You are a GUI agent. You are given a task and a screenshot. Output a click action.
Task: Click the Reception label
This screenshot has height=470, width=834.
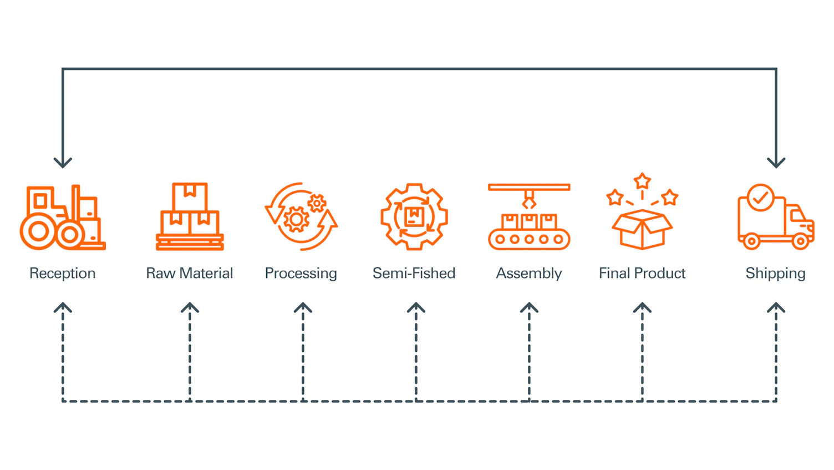pyautogui.click(x=63, y=273)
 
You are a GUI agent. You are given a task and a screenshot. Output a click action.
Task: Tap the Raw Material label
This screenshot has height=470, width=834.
pyautogui.click(x=189, y=273)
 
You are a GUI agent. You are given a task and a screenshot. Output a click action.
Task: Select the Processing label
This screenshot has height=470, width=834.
pyautogui.click(x=301, y=274)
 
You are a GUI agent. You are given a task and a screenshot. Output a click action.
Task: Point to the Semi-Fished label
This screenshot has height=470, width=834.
pyautogui.click(x=414, y=273)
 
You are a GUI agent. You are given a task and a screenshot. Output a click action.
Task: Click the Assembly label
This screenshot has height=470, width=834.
pyautogui.click(x=528, y=274)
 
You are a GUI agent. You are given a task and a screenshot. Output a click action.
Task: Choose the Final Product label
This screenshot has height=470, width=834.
pyautogui.click(x=642, y=273)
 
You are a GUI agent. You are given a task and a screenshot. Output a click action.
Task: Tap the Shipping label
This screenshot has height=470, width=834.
pyautogui.click(x=775, y=274)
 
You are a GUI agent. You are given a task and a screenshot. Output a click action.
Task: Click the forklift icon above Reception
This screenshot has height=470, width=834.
pyautogui.click(x=62, y=218)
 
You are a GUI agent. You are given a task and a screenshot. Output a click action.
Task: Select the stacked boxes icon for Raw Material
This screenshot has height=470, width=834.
pyautogui.click(x=190, y=216)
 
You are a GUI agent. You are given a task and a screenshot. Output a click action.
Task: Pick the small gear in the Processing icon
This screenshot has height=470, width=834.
pyautogui.click(x=317, y=203)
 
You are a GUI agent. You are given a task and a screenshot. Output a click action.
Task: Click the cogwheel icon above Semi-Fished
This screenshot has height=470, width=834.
pyautogui.click(x=414, y=216)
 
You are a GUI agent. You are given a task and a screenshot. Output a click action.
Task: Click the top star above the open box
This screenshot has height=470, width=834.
pyautogui.click(x=642, y=181)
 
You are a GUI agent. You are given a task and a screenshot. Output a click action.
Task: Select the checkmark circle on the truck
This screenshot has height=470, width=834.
pyautogui.click(x=760, y=198)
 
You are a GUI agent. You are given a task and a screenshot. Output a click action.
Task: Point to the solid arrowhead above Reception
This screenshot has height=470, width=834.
pyautogui.click(x=63, y=162)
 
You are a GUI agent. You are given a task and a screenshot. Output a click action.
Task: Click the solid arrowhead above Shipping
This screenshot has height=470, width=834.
pyautogui.click(x=776, y=162)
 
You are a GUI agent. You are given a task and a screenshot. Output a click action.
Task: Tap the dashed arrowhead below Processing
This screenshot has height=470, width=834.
pyautogui.click(x=303, y=308)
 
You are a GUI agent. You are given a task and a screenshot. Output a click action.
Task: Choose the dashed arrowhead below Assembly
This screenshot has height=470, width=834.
pyautogui.click(x=529, y=308)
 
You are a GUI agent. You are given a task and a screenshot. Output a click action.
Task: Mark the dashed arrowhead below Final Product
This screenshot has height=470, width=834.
pyautogui.click(x=642, y=308)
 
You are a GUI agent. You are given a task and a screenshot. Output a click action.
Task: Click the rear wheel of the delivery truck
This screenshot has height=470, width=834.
pyautogui.click(x=751, y=241)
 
